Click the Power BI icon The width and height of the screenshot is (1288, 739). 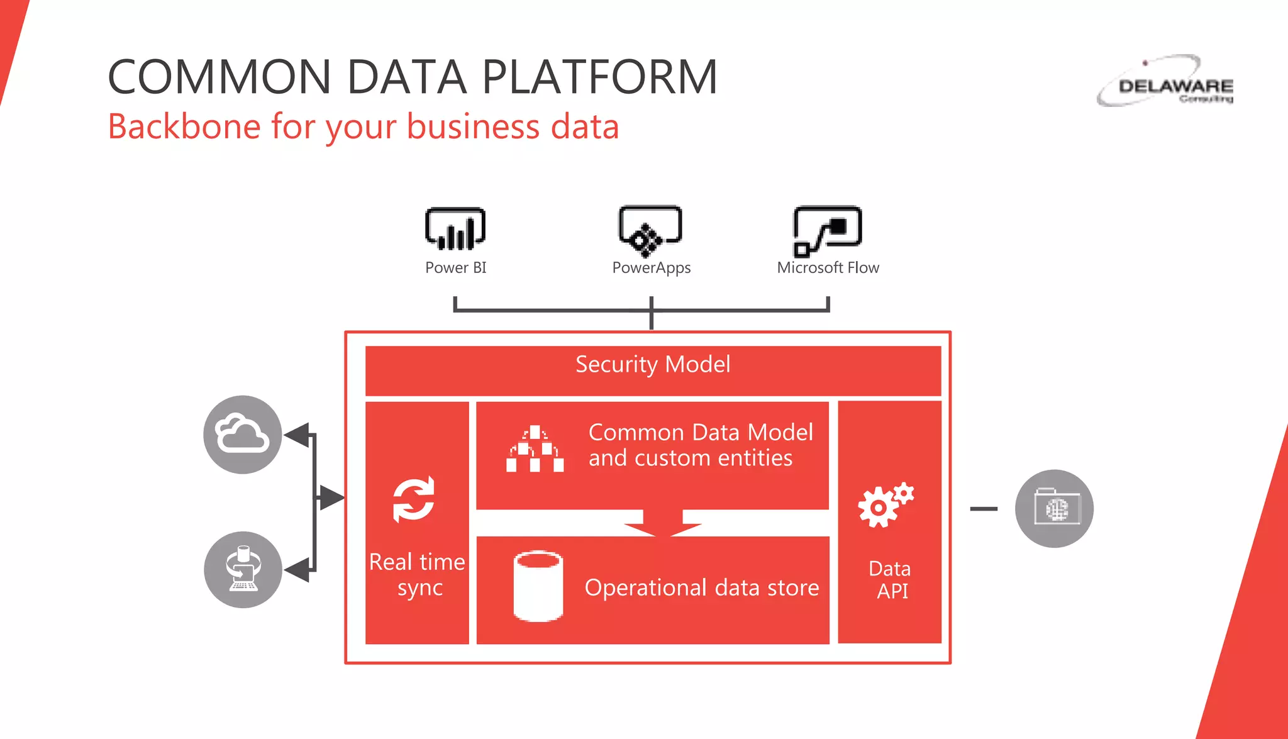tap(455, 229)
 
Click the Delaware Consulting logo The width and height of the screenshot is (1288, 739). tap(1167, 82)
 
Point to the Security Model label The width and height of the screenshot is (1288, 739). tap(653, 365)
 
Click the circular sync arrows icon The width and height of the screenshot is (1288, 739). tap(413, 499)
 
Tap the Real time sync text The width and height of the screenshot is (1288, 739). tap(418, 574)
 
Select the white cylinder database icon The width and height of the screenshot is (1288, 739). tap(538, 586)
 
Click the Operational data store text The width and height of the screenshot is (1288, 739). tap(701, 587)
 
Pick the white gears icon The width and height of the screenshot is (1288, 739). tap(885, 504)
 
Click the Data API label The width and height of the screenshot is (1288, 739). tap(891, 579)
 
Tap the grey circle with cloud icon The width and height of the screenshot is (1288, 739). tap(243, 435)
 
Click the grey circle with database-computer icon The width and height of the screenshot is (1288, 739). tap(243, 570)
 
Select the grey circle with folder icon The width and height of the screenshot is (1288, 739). tap(1054, 508)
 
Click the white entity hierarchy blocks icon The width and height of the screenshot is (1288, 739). tap(535, 449)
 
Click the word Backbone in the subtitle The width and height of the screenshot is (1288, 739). tap(184, 126)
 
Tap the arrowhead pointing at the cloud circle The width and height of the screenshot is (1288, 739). tap(297, 435)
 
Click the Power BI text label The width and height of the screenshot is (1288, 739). tap(455, 268)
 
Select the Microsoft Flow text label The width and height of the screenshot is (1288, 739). tap(828, 268)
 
